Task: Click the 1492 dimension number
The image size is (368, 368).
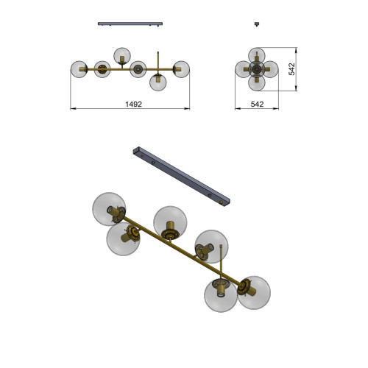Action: pyautogui.click(x=133, y=105)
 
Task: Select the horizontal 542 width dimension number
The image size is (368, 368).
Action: pyautogui.click(x=257, y=105)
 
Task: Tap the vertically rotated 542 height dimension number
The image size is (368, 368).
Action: pyautogui.click(x=291, y=69)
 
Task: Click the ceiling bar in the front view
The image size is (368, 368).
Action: pyautogui.click(x=130, y=24)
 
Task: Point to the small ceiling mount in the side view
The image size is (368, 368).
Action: pyautogui.click(x=257, y=24)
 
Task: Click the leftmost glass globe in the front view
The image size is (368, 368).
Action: pyautogui.click(x=79, y=69)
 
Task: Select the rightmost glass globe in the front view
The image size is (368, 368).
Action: pyautogui.click(x=181, y=69)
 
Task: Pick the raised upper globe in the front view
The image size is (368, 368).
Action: pyautogui.click(x=122, y=56)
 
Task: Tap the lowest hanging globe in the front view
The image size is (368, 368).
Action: pyautogui.click(x=158, y=82)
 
